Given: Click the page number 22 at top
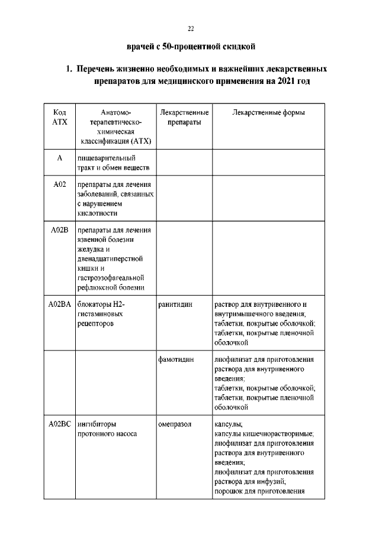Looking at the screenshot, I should coord(191,28).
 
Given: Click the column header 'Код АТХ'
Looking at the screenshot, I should coord(59,117).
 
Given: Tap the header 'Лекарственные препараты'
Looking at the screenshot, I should coord(184,117).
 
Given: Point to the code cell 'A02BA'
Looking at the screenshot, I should coord(59,304).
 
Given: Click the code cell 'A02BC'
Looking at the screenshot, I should coord(59,424).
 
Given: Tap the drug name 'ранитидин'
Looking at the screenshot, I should coord(175,304).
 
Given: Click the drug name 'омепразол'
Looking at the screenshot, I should coord(175,424).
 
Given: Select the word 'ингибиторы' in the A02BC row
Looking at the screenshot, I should coord(97,424).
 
